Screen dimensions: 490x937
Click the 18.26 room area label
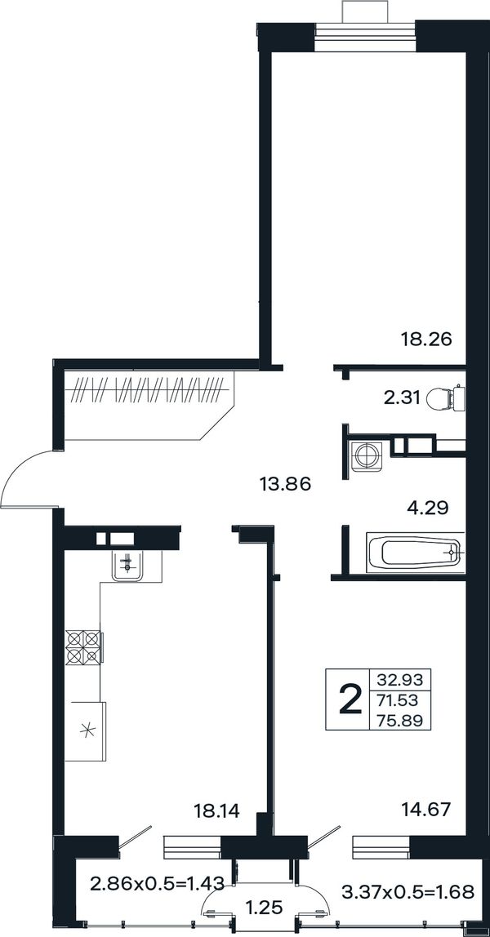(425, 340)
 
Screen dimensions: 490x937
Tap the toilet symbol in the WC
(446, 398)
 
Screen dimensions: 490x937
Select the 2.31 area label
(402, 397)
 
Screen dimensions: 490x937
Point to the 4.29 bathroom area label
(427, 508)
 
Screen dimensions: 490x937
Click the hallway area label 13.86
(286, 483)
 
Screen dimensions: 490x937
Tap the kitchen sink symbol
(127, 565)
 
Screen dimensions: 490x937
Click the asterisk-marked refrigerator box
(86, 731)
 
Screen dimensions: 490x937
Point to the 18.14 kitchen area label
(217, 810)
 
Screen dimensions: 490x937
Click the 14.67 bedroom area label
(426, 810)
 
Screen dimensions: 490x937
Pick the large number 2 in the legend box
(350, 699)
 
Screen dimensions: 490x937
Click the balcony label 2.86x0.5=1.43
(157, 882)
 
